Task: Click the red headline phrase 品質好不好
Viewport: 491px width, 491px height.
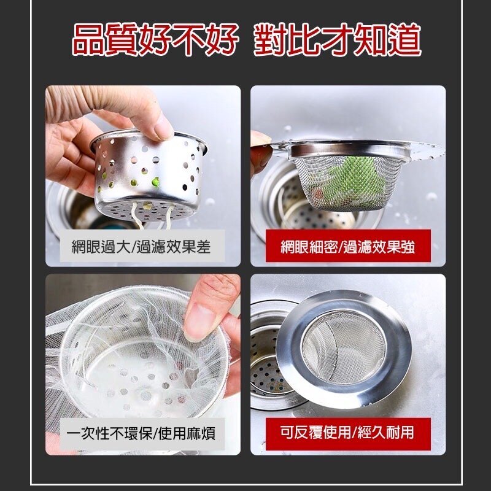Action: [155, 40]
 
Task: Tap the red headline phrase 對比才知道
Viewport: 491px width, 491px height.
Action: [337, 40]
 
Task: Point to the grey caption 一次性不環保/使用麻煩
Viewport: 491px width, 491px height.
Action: [141, 434]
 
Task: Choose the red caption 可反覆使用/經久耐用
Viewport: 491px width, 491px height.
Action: [347, 433]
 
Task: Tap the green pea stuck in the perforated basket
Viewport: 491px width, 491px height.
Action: [155, 182]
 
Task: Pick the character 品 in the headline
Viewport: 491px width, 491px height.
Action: [88, 40]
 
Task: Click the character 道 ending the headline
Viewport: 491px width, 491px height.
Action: [404, 40]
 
